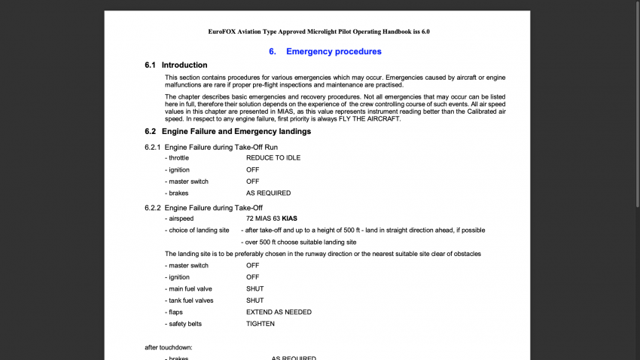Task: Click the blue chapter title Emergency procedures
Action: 334,51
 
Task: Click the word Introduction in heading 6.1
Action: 184,66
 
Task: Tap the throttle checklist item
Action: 178,158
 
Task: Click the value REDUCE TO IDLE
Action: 273,158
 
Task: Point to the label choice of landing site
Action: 199,230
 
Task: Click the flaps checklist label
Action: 175,312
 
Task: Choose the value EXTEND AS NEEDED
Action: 279,312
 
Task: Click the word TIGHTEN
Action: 261,324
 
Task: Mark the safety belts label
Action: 185,324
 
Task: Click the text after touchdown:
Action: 169,347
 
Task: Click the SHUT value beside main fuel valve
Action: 254,288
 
